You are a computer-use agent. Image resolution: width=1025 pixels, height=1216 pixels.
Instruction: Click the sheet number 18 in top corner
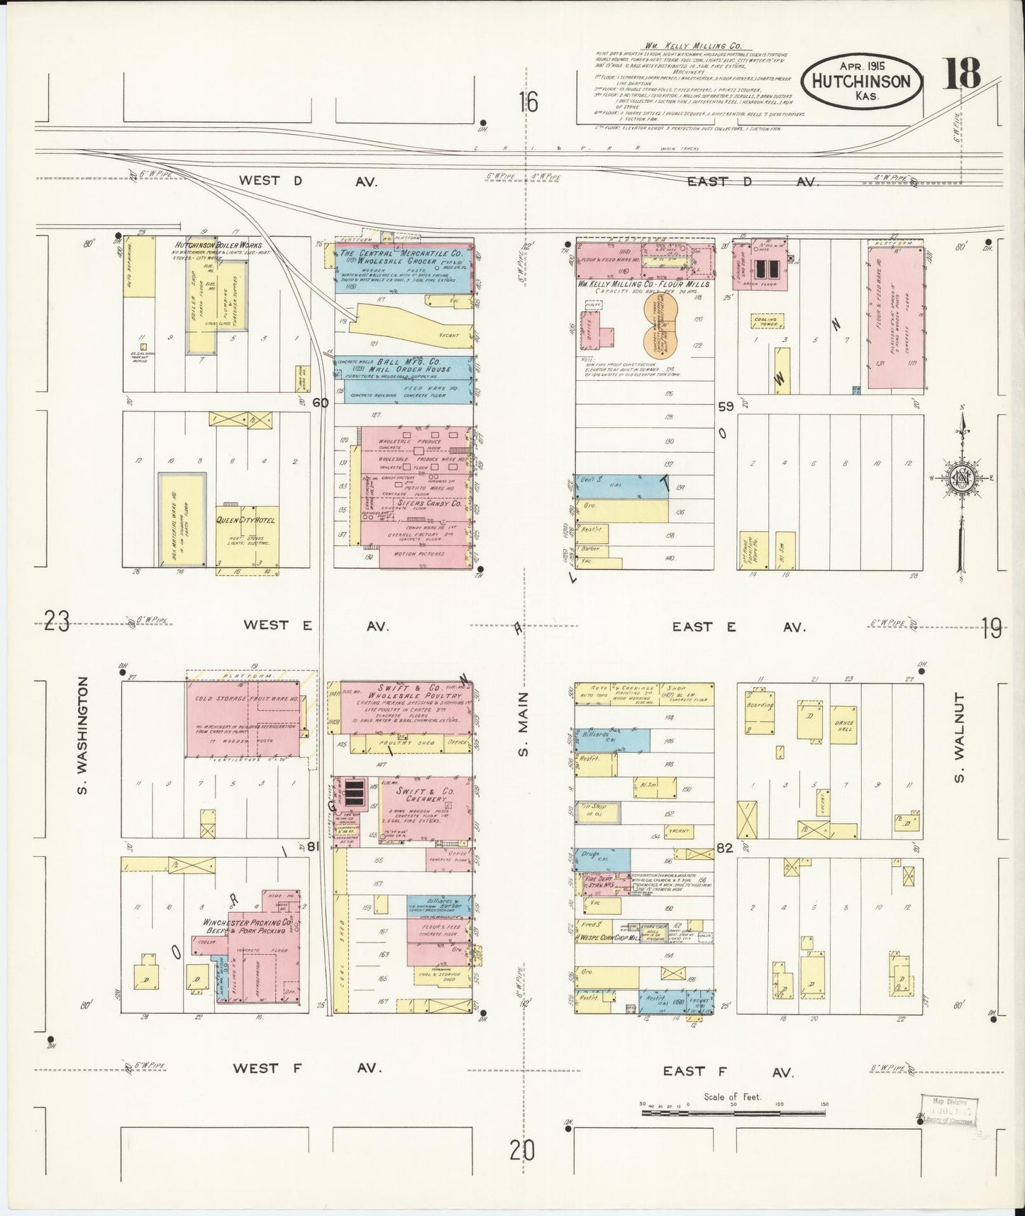click(x=961, y=73)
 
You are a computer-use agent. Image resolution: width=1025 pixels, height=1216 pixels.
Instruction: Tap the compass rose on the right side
click(x=963, y=479)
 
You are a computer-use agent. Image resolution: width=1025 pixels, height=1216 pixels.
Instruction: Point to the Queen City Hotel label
click(x=245, y=520)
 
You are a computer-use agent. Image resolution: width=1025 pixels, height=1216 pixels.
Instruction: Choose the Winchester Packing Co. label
click(x=248, y=926)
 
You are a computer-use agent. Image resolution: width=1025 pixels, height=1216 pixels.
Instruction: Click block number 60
click(x=321, y=403)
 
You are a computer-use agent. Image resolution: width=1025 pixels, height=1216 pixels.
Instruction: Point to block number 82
click(x=724, y=847)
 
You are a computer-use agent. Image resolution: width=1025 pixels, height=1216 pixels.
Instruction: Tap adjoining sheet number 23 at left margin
click(x=57, y=622)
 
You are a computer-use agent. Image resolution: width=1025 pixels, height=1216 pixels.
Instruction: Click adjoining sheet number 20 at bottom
click(x=521, y=1150)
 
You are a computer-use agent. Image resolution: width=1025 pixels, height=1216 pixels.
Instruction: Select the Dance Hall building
click(x=843, y=725)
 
